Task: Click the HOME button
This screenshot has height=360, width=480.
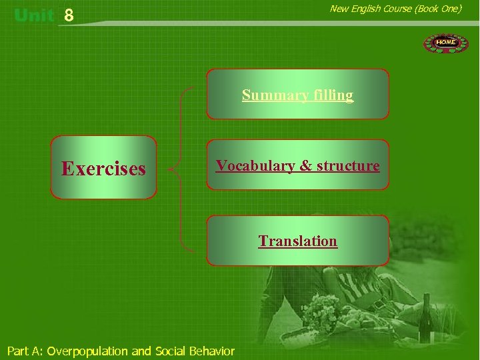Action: tap(446, 43)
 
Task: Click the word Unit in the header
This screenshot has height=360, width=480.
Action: tap(33, 15)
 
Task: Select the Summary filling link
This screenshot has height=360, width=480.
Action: tap(297, 95)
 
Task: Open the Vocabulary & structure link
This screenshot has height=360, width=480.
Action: tap(297, 165)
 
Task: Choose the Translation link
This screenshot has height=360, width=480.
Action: tap(297, 241)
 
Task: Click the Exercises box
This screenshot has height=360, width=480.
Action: tap(103, 168)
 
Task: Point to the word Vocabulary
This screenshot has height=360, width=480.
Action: tap(256, 165)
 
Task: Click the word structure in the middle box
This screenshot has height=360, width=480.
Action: tap(347, 165)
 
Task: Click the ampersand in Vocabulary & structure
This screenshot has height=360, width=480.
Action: tap(305, 165)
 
